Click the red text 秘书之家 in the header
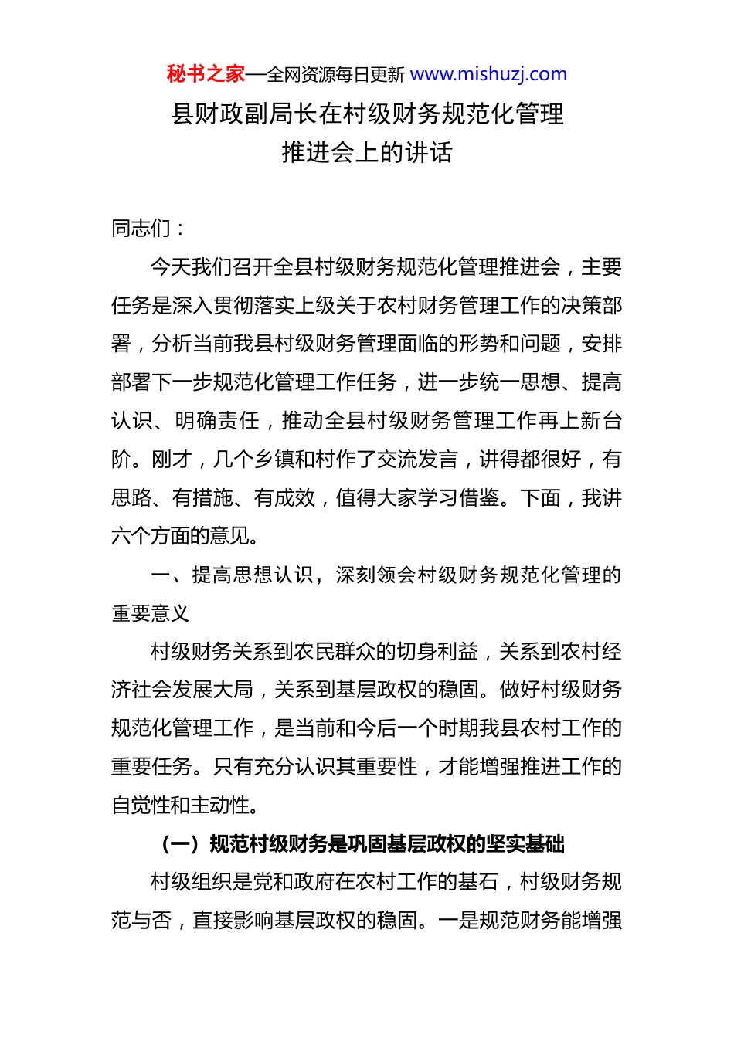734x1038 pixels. (x=206, y=74)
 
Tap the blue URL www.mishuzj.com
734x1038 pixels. (x=488, y=74)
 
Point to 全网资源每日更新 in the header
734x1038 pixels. (x=335, y=75)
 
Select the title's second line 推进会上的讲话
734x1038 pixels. (x=367, y=152)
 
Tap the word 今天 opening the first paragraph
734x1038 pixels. (x=170, y=267)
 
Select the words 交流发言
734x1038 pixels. (x=417, y=460)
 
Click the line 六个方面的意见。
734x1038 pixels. (x=185, y=536)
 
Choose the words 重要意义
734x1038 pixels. (x=151, y=614)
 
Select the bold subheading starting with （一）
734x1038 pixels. (x=363, y=844)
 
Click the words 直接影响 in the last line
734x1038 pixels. (x=233, y=921)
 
